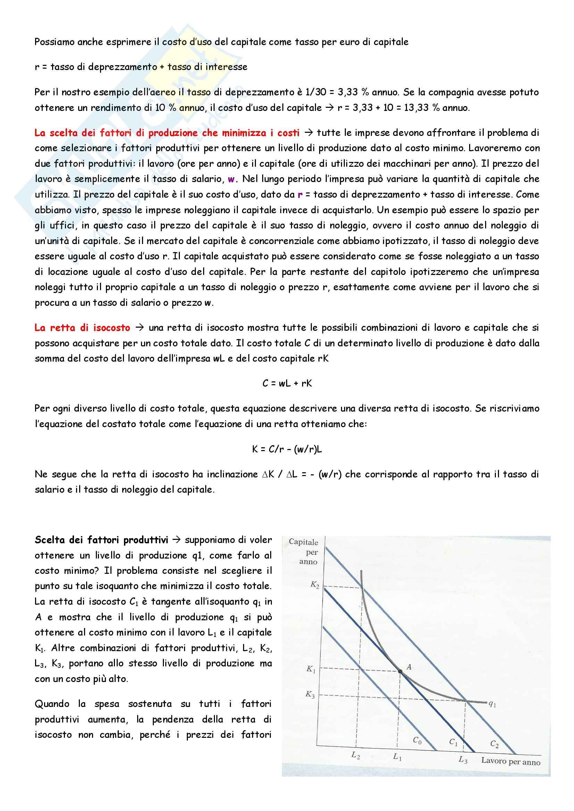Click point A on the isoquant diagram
point(400,671)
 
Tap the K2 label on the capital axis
point(315,585)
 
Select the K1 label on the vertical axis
point(311,669)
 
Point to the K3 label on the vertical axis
point(310,694)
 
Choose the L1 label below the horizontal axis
point(397,757)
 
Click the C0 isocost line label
point(417,740)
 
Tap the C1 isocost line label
point(454,742)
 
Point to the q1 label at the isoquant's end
point(492,704)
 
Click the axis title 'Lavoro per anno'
point(511,761)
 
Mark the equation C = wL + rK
point(287,383)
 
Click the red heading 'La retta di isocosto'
point(82,327)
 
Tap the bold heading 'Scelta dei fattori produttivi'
point(101,540)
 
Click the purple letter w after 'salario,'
point(232,179)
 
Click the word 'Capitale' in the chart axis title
point(303,542)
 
